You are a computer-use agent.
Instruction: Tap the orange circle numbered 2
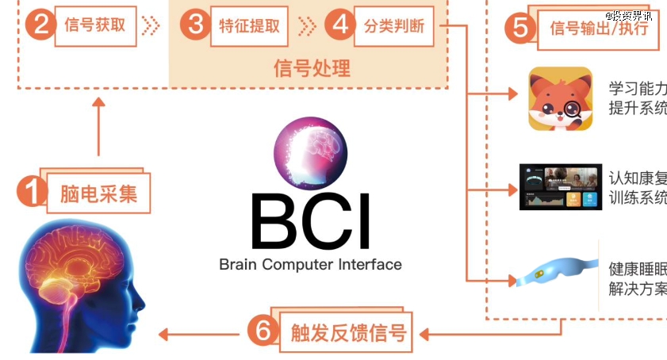point(36,25)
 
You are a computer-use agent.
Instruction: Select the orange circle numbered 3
point(194,25)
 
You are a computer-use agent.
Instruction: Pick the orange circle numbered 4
point(339,25)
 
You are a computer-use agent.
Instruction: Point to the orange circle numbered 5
point(520,28)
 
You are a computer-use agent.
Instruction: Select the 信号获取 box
point(95,25)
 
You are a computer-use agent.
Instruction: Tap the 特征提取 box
point(249,25)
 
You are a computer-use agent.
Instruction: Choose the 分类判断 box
point(394,25)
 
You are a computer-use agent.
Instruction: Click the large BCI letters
point(310,218)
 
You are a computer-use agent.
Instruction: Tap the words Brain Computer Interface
point(310,264)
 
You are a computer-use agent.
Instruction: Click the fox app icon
point(561,98)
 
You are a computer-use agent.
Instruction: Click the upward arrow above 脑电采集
point(99,127)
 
